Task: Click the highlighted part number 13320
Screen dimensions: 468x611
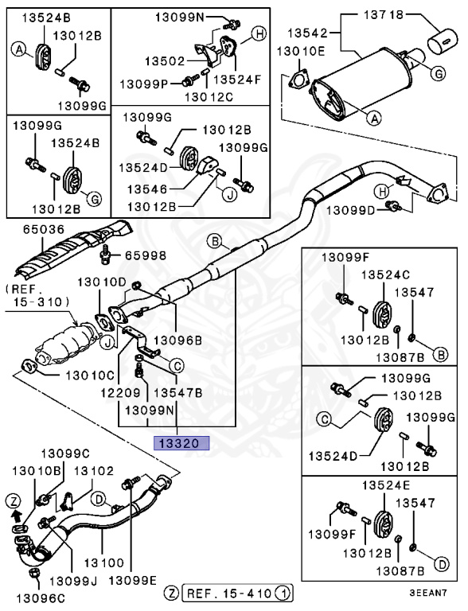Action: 181,443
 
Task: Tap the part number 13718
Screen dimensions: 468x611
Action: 384,15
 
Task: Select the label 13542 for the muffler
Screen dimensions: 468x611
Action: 308,33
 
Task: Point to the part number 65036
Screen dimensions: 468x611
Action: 43,229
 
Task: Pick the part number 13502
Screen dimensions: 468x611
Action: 165,60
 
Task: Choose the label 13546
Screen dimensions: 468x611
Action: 147,189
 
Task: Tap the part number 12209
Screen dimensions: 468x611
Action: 120,392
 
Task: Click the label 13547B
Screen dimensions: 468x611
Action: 177,392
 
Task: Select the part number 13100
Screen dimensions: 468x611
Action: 103,562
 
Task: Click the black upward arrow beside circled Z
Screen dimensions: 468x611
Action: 16,516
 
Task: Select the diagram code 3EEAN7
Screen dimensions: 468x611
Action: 428,593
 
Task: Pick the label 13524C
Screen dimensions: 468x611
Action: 385,274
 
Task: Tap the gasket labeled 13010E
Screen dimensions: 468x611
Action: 298,80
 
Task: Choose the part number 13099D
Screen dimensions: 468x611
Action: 350,210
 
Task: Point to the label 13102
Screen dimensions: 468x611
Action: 94,471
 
